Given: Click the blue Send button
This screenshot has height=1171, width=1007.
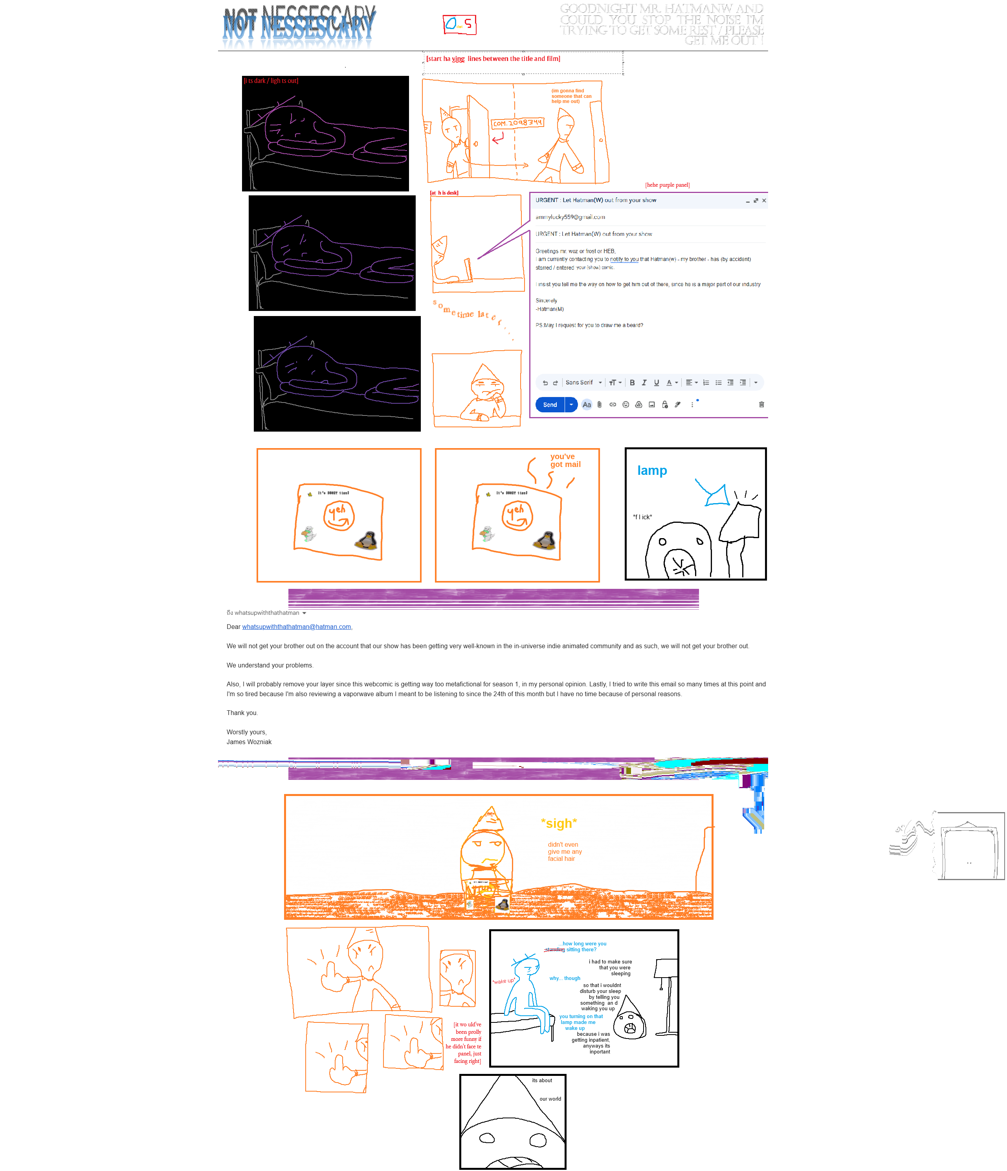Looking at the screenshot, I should click(x=550, y=404).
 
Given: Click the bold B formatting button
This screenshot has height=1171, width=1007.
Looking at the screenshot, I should click(x=632, y=382).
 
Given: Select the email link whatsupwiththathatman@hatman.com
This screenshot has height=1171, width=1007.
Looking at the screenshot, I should click(x=297, y=627).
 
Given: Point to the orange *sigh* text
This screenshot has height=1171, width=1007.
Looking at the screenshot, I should click(x=559, y=824).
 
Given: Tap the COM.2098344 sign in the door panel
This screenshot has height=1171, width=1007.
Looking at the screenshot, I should click(x=517, y=123).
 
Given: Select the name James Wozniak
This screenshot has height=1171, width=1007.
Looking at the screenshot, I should click(x=249, y=742).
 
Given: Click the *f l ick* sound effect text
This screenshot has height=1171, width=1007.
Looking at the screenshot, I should click(x=642, y=517).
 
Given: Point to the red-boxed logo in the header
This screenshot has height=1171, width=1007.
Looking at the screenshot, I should click(x=459, y=24).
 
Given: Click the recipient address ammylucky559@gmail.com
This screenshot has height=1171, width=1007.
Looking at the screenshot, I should click(x=570, y=217).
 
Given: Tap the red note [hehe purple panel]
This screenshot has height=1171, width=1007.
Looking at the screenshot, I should click(x=667, y=185).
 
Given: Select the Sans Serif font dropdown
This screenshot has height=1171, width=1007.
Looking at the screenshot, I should click(x=583, y=382).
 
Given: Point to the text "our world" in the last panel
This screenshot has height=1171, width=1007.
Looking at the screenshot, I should click(x=550, y=1099).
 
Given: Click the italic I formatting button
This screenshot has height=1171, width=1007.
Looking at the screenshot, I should click(x=644, y=382).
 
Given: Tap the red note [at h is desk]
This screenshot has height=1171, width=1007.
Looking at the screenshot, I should click(x=444, y=193).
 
